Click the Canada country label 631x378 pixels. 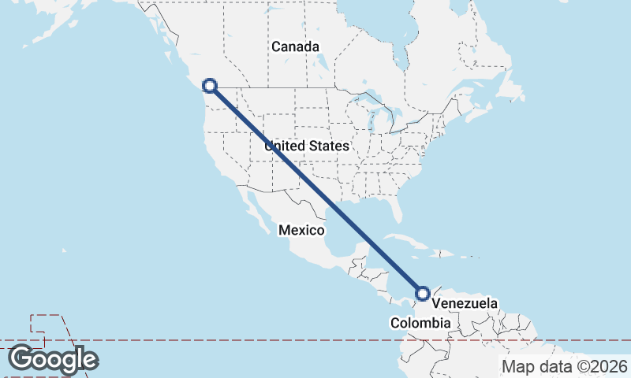296,46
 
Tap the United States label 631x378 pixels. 307,146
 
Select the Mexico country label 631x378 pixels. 301,230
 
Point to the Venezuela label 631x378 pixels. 465,303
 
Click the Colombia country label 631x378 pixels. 421,324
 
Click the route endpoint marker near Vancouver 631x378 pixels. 210,86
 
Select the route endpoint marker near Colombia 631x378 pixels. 423,294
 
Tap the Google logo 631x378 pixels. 53,359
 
